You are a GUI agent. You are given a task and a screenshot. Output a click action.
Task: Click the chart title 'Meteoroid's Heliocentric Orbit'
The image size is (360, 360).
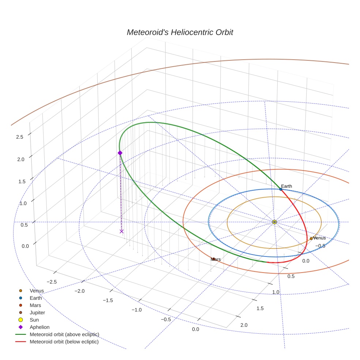point(180,32)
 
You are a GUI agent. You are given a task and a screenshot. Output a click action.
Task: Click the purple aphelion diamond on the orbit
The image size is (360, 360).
point(120,153)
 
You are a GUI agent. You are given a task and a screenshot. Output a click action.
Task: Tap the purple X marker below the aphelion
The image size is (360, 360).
point(121,231)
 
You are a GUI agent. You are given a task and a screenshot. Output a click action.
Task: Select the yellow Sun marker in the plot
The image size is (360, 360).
point(274,222)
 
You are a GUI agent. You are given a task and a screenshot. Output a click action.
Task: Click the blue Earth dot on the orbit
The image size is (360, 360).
point(281,189)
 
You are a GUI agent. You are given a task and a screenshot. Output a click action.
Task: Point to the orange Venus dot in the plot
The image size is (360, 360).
point(311,239)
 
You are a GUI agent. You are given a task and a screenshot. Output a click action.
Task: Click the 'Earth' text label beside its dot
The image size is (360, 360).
point(286,186)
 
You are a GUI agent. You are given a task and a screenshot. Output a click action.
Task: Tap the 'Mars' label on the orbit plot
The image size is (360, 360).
point(216,259)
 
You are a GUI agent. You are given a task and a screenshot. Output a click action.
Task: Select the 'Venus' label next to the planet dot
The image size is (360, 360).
point(319,238)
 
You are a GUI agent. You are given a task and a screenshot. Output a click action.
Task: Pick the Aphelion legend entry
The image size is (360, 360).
point(40,327)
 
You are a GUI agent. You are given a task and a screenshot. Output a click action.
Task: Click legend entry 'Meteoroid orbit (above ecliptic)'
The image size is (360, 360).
point(64,334)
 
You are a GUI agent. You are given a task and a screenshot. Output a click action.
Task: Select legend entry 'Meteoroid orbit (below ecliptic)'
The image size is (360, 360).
point(64,342)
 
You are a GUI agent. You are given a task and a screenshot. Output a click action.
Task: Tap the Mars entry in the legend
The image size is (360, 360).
point(35,305)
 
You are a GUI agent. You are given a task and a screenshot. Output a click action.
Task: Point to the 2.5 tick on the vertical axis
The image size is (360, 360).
point(20,137)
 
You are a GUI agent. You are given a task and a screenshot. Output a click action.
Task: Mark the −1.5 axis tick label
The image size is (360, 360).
point(108,300)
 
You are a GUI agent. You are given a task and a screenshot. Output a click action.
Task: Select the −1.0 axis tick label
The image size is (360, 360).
point(136,310)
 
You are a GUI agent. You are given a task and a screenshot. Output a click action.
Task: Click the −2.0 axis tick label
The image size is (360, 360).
point(79,291)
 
